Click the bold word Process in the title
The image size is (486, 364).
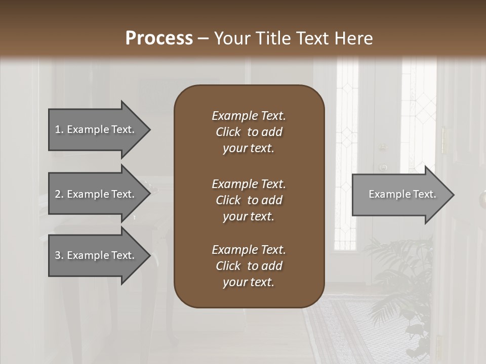159,38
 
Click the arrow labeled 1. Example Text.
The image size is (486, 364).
96,129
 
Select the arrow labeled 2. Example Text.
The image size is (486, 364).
96,194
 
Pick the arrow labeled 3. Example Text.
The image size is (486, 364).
96,255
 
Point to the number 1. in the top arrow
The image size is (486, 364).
59,129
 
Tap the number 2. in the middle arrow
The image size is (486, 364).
59,194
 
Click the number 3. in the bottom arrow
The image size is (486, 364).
59,255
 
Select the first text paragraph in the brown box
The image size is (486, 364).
249,132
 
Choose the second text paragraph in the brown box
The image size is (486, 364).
249,200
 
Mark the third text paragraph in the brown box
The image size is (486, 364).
249,266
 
